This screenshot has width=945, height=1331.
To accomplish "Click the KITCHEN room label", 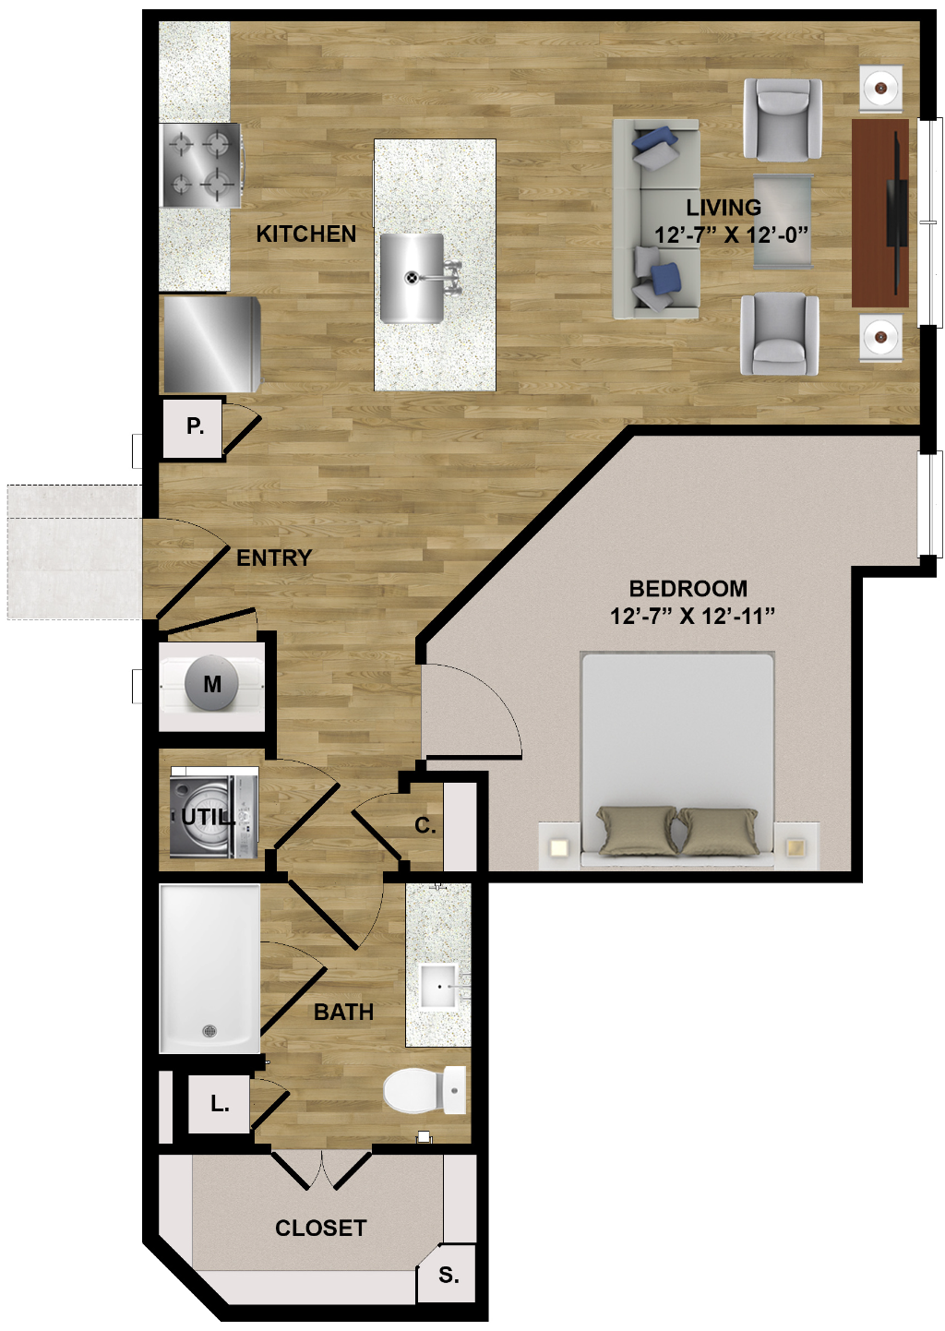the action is tap(305, 234).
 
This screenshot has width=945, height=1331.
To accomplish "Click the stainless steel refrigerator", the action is tap(211, 344).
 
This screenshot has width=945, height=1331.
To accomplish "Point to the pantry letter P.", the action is tap(195, 426).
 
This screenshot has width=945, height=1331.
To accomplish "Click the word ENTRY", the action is tap(274, 558).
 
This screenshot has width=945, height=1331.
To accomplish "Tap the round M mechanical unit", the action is tap(212, 684).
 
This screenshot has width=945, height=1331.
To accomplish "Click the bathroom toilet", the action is tap(425, 1090).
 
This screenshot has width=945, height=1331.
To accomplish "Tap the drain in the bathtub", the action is tap(209, 1031).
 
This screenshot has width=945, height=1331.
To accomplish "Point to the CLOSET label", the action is tap(321, 1228).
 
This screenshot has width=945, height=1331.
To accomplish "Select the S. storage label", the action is tap(449, 1275).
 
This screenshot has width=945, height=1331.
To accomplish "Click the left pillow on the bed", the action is tap(637, 830).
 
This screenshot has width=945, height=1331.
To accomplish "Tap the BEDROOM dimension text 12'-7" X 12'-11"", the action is tap(692, 617).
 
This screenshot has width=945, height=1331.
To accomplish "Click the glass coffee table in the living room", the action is tap(783, 222).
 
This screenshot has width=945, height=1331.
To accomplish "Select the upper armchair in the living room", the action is tap(783, 119).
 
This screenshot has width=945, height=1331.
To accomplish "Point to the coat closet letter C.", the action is tap(425, 825).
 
